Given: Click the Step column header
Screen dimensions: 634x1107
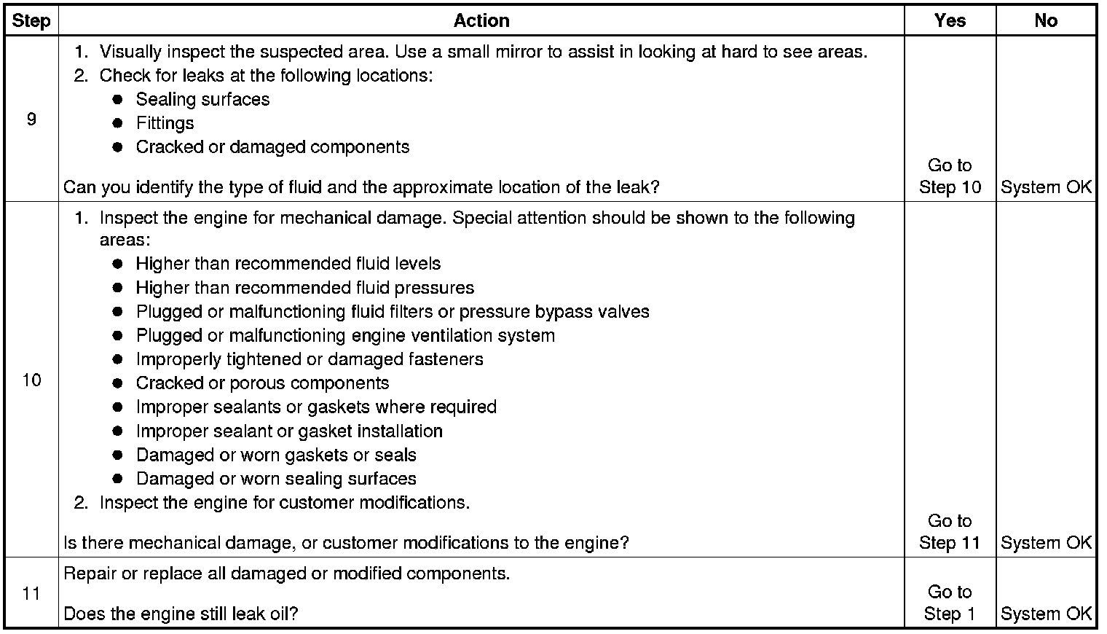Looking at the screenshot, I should [x=31, y=20].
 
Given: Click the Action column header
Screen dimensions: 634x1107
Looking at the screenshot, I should [x=481, y=20].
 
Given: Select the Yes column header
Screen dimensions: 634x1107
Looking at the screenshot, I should [x=950, y=20].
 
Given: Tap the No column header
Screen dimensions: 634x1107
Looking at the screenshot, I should [x=1045, y=20].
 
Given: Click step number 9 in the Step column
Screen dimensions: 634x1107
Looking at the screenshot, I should [x=31, y=119].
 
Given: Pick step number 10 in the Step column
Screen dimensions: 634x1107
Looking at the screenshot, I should [x=31, y=380].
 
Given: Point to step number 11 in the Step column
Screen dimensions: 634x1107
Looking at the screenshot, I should [x=31, y=593].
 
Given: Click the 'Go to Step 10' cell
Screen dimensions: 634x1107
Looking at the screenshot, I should [x=950, y=176].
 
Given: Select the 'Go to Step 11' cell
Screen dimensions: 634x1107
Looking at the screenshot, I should [x=950, y=532].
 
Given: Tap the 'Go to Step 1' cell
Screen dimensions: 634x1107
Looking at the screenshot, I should [x=950, y=603].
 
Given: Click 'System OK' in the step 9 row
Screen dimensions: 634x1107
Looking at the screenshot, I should [x=1046, y=187].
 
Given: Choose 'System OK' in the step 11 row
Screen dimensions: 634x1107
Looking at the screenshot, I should [x=1046, y=614].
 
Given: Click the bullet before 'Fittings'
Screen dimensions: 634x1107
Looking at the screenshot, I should [x=117, y=123].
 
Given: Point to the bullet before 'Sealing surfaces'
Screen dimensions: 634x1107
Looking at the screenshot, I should [x=117, y=100].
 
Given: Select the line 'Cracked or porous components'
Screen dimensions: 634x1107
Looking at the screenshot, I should [x=262, y=383].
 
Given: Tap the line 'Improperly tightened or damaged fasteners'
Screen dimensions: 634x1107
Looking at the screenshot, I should [x=309, y=359].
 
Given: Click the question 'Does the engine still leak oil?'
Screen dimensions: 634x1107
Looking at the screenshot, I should [x=181, y=614].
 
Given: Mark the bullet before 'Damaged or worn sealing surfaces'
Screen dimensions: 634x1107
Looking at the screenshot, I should [x=117, y=479].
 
